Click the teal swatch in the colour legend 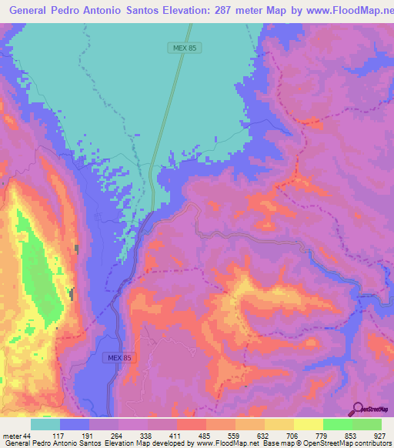[x=45, y=424]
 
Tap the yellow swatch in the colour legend [x=309, y=424]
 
